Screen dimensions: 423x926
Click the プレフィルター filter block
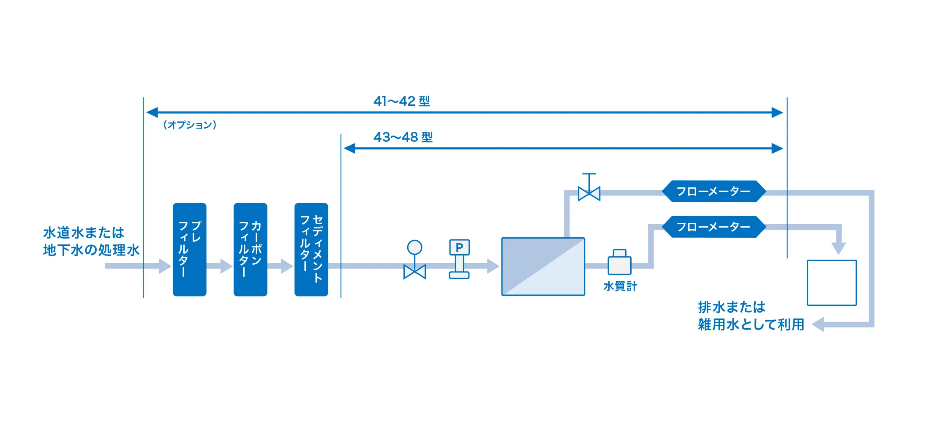tap(189, 249)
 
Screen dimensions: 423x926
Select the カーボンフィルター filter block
tap(250, 249)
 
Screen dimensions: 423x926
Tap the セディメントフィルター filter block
tap(311, 249)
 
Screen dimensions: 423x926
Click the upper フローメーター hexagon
tap(714, 192)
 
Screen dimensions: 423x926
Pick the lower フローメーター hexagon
tap(714, 227)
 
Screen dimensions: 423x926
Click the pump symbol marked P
tap(459, 258)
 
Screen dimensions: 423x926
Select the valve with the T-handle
tap(589, 188)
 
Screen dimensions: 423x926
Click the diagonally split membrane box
tap(543, 266)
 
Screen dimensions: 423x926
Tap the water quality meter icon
tap(619, 262)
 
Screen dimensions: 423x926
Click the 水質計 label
tap(620, 286)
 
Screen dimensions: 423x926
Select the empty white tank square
tap(831, 283)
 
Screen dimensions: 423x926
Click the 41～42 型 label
tap(401, 101)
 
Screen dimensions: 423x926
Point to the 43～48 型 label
tap(403, 137)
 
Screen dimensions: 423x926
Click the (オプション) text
tap(190, 125)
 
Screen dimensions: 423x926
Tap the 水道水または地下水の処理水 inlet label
tap(91, 241)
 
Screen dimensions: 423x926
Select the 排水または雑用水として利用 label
tap(751, 316)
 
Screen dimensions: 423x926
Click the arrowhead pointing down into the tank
tap(838, 248)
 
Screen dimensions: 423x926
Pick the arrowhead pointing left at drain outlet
tap(818, 324)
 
